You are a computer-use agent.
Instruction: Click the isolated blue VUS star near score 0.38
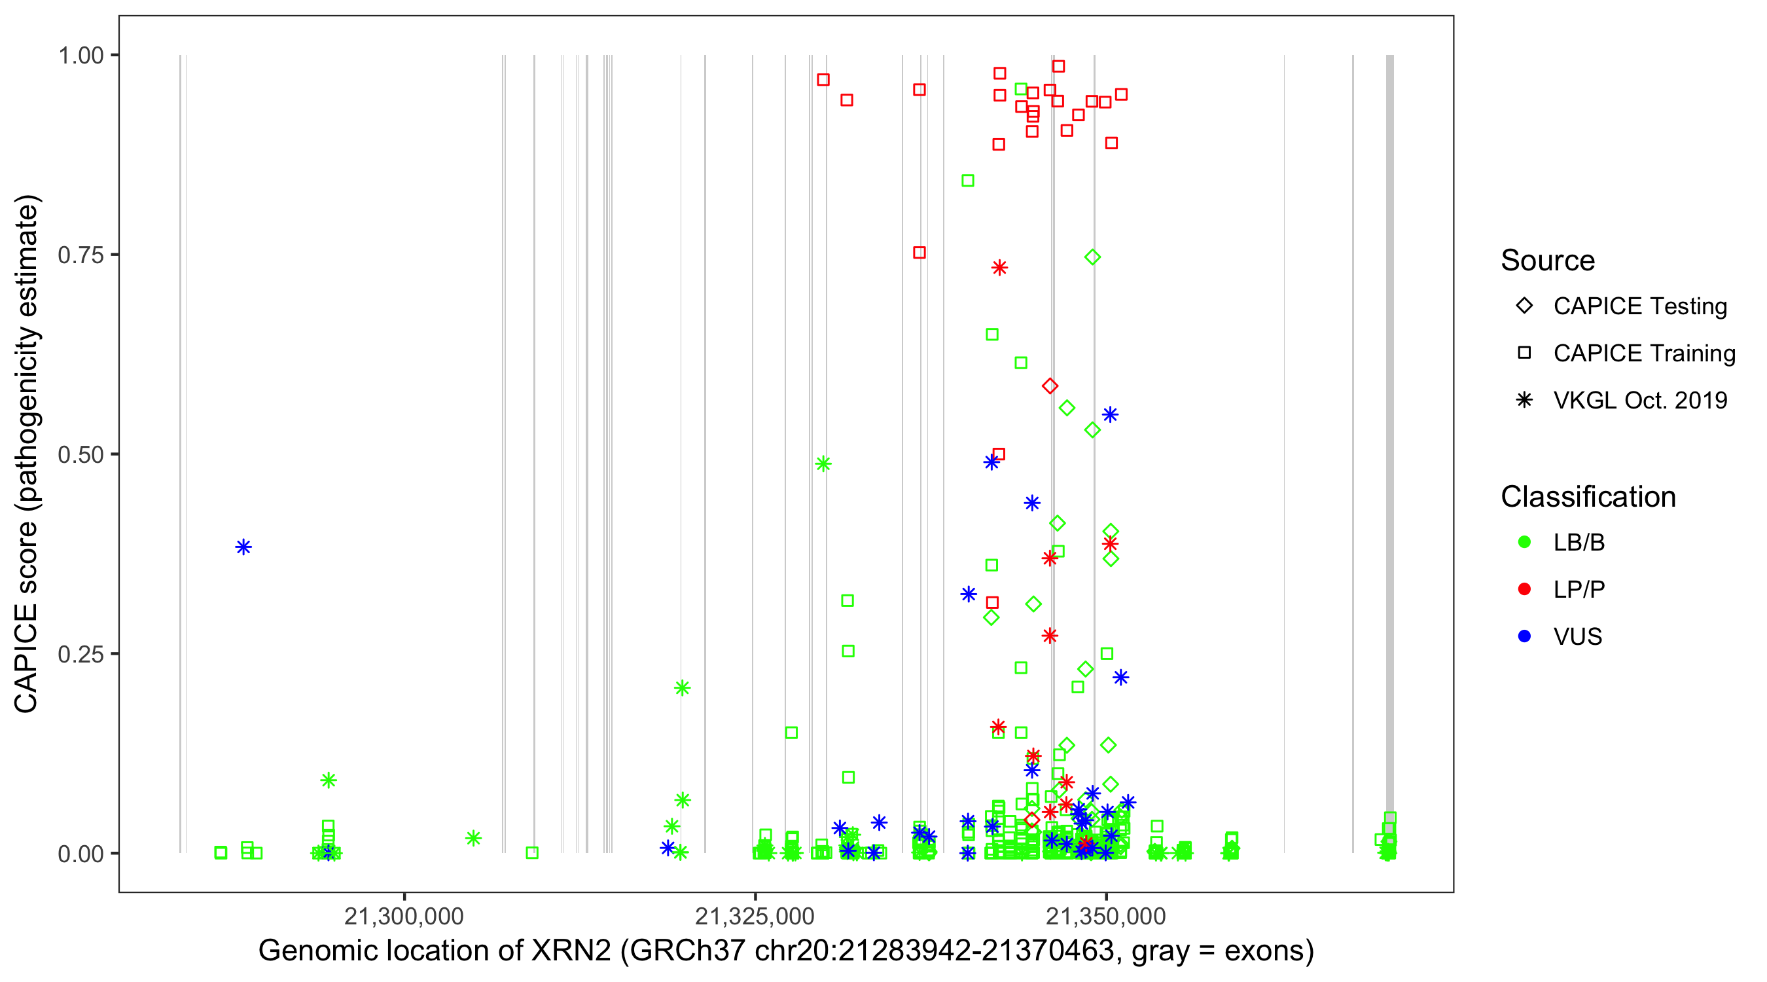[x=243, y=547]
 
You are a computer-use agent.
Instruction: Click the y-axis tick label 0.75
[x=80, y=255]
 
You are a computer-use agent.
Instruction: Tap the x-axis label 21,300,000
[x=404, y=915]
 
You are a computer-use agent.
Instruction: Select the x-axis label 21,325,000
[x=755, y=915]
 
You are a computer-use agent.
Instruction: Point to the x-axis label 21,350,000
[x=1106, y=915]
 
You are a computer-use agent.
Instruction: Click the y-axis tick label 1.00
[x=80, y=55]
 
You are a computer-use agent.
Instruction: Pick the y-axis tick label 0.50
[x=80, y=454]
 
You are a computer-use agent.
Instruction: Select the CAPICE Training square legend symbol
[x=1524, y=353]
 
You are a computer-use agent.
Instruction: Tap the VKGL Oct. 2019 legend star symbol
[x=1524, y=400]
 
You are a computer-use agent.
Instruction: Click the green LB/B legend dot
[x=1524, y=542]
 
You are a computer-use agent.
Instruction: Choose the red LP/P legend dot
[x=1524, y=589]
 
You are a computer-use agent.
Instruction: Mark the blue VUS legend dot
[x=1524, y=636]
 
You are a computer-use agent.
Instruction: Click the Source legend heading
[x=1548, y=261]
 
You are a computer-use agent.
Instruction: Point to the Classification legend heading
[x=1588, y=497]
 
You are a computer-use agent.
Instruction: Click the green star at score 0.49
[x=823, y=464]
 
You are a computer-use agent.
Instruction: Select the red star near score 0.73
[x=999, y=268]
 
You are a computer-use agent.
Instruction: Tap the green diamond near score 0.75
[x=1093, y=257]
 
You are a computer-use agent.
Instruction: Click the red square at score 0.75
[x=919, y=253]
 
